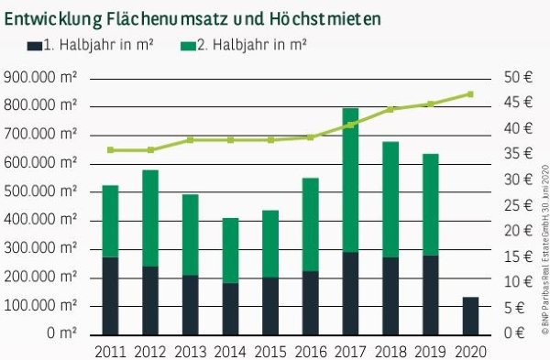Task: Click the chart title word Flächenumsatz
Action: coord(174,17)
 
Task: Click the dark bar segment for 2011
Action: coord(110,295)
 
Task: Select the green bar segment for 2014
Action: coord(230,250)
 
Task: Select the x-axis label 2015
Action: coord(270,350)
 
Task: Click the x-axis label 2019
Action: coord(431,350)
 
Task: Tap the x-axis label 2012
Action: coord(150,350)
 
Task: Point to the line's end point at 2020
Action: coord(470,93)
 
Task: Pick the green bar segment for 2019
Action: coord(430,204)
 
